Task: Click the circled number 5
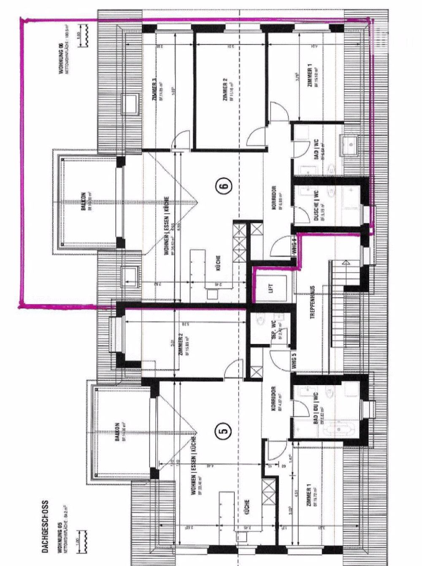pos(224,431)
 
